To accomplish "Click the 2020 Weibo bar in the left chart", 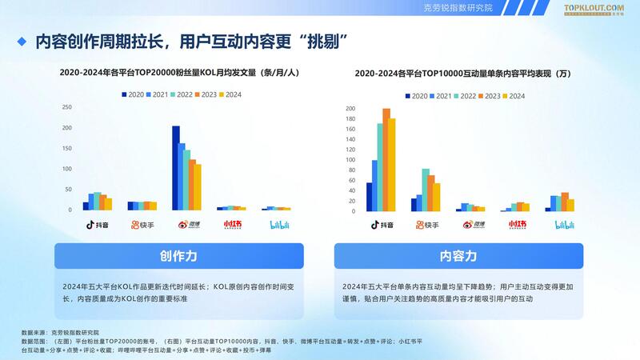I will (x=176, y=168).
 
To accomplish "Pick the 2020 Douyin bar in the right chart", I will (x=370, y=197).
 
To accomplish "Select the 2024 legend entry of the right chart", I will (x=514, y=96).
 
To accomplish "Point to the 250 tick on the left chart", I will (x=66, y=106).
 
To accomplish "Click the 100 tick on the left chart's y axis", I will (x=66, y=169).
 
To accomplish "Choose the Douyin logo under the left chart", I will (x=97, y=225).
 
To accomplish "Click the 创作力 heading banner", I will (x=179, y=256).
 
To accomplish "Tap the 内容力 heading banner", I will (x=458, y=256).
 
